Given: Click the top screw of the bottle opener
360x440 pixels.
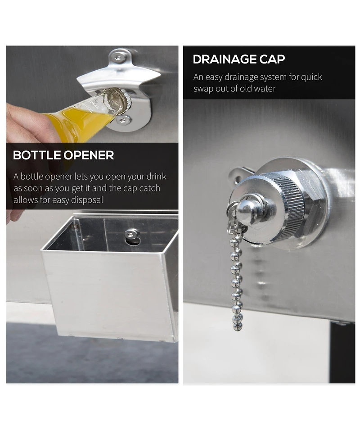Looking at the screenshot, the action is (119, 58).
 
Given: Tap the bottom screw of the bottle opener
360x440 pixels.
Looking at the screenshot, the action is (124, 120).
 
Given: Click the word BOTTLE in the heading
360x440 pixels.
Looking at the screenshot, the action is (37, 155).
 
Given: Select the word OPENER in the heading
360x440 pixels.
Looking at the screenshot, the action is (89, 155).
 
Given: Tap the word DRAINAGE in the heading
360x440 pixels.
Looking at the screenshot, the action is (225, 59).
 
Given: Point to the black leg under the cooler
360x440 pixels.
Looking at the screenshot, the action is (342, 352).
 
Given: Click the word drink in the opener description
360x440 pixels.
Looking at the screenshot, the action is (156, 177).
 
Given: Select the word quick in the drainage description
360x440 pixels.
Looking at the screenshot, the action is (311, 77).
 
